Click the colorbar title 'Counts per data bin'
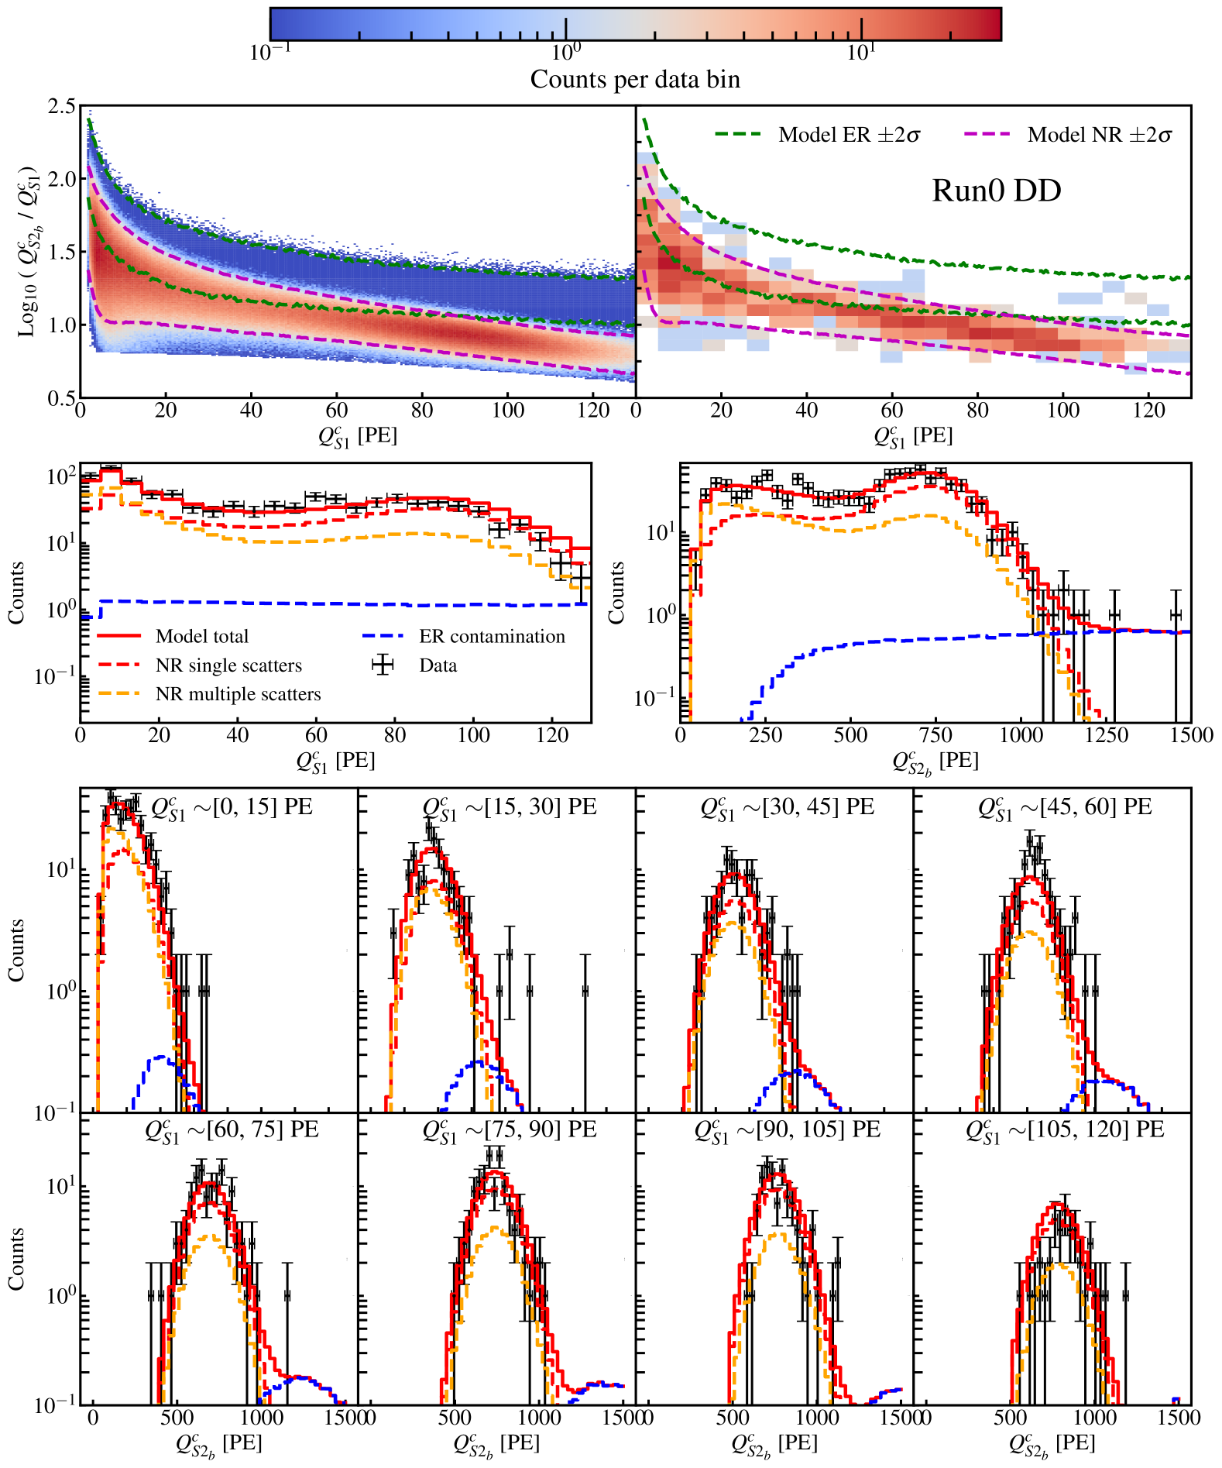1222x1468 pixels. tap(635, 79)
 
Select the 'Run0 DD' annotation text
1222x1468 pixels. tap(996, 191)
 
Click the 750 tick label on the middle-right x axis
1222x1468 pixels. tap(935, 735)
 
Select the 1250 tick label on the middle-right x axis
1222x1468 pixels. tap(1107, 735)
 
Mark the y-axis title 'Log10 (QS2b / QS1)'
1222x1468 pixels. tap(28, 251)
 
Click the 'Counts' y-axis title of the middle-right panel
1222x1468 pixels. tap(616, 593)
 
